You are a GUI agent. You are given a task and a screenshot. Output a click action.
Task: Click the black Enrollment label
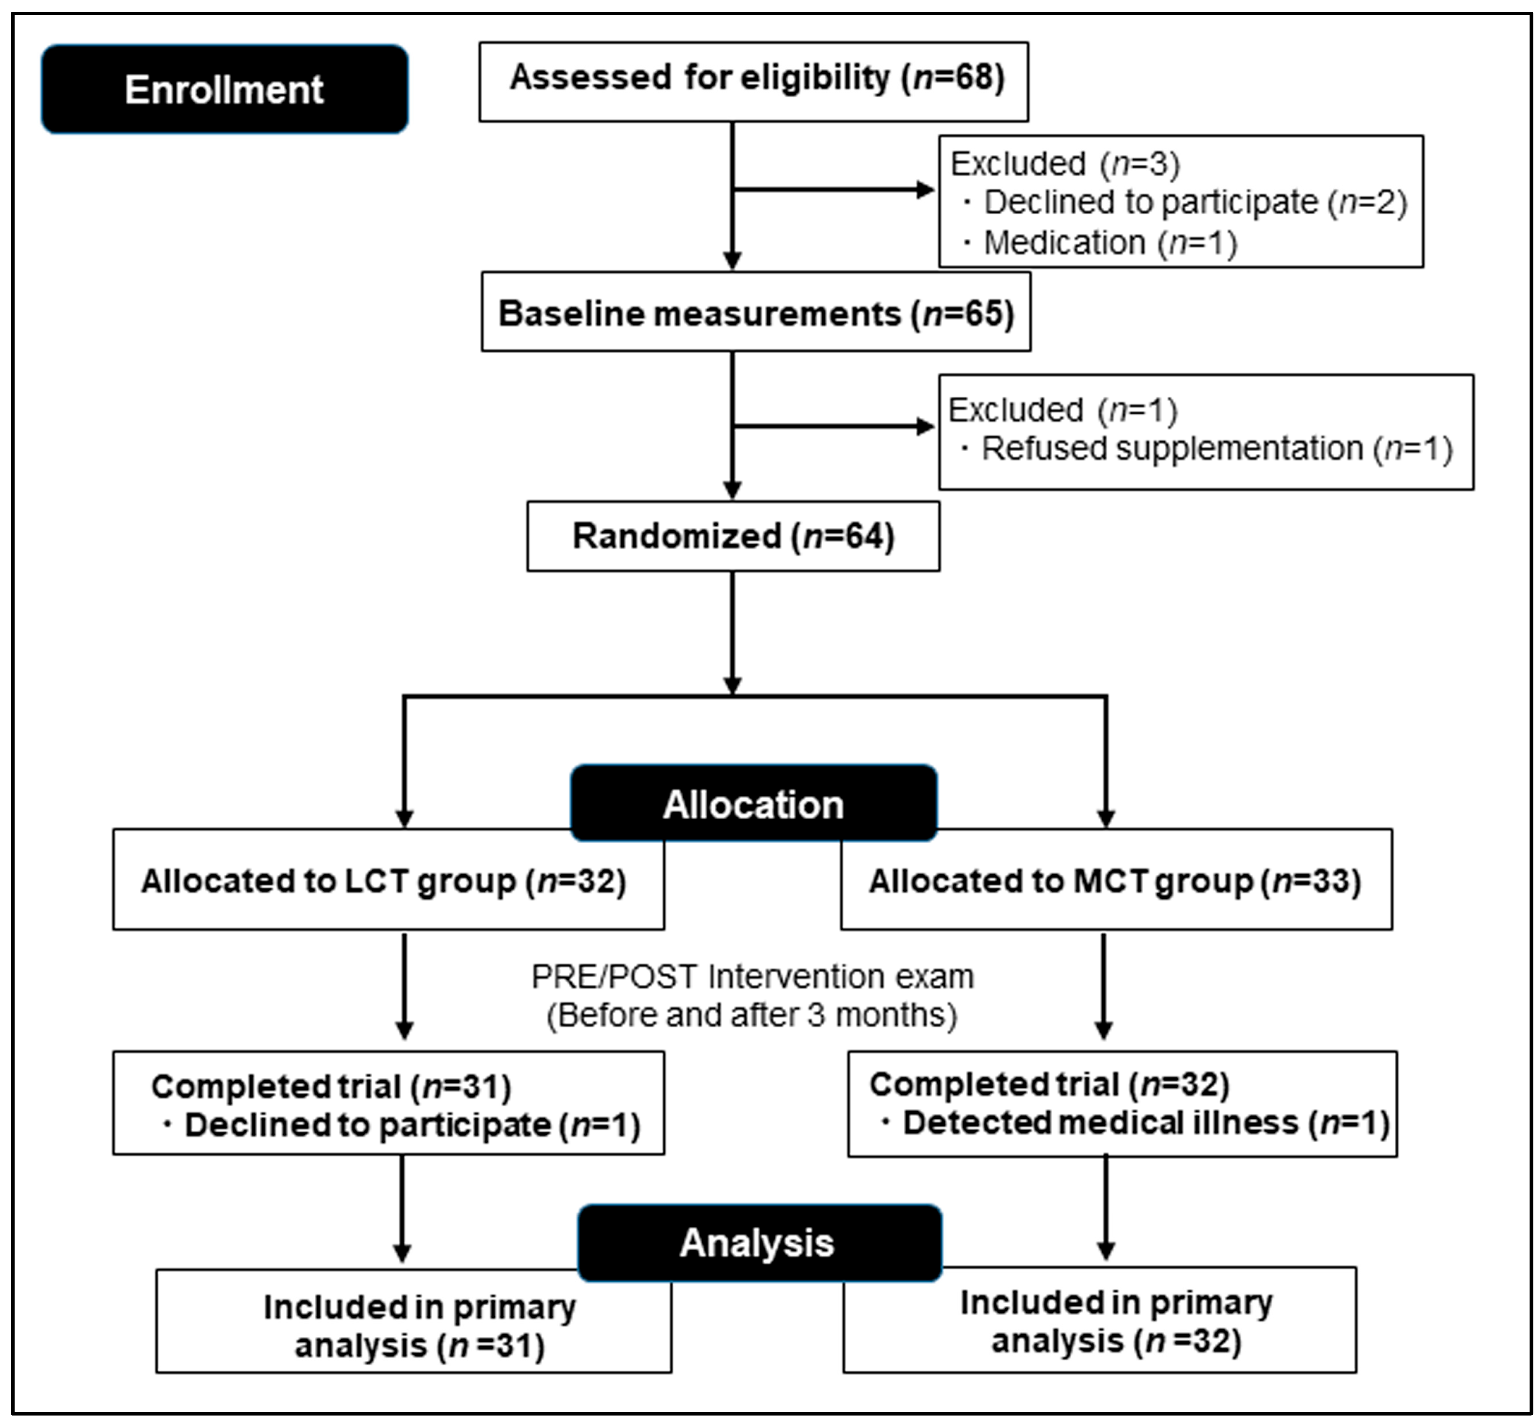224,90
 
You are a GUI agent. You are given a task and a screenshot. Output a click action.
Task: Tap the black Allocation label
753,805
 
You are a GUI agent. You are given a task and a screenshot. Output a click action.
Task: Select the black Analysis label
758,1243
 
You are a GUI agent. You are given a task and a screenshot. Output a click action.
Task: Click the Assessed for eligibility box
753,81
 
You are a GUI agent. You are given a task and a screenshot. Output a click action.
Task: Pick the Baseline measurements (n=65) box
755,313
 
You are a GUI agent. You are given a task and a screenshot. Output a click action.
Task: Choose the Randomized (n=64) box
733,537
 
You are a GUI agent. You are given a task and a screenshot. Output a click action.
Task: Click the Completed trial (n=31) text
331,1087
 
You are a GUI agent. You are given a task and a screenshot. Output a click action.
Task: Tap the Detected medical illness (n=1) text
1145,1123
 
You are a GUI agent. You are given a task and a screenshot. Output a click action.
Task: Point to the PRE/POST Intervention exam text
752,977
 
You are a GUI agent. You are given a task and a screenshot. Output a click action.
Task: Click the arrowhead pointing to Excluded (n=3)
925,189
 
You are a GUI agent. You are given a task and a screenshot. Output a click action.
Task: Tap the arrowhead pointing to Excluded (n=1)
925,426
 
